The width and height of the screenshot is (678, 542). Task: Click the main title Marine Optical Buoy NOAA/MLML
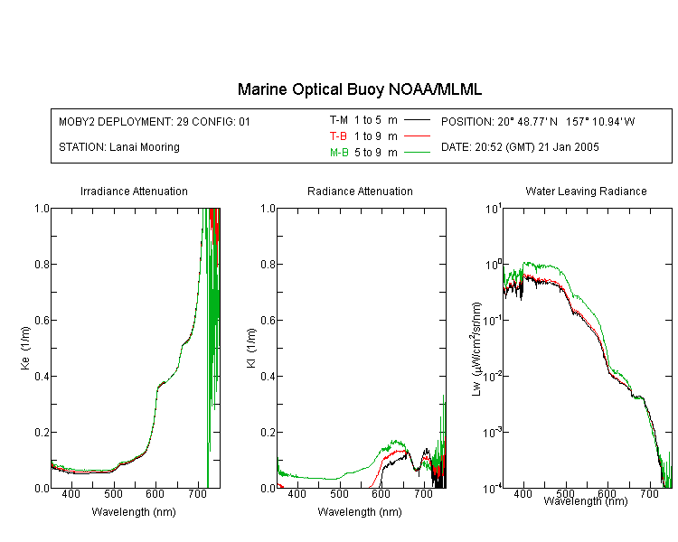(x=359, y=89)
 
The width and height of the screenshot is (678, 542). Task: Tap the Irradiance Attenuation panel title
(x=134, y=191)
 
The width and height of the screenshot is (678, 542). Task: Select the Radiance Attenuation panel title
(x=360, y=191)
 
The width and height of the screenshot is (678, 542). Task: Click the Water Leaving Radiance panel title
(x=586, y=191)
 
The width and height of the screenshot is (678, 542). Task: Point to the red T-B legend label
(x=338, y=136)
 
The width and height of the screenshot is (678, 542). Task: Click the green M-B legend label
(x=339, y=152)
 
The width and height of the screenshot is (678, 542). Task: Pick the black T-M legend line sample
(x=417, y=120)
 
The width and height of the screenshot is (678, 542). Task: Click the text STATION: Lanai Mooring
(x=119, y=147)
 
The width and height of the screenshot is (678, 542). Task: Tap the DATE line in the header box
(x=520, y=147)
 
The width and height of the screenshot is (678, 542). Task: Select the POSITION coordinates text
(x=538, y=121)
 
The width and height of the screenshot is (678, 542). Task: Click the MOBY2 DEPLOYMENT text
(x=155, y=121)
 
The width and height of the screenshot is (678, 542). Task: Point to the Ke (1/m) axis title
(x=25, y=348)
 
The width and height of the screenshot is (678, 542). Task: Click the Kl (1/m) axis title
(x=251, y=349)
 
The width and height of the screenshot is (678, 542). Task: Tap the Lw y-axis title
(x=476, y=349)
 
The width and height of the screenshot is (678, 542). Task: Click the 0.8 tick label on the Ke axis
(x=42, y=264)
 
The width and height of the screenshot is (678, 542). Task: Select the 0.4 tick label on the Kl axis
(x=268, y=376)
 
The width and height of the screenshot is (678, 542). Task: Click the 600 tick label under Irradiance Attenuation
(x=155, y=493)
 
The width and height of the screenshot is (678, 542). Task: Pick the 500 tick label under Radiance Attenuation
(x=339, y=493)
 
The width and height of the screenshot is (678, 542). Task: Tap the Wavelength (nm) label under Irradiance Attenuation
(x=134, y=512)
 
